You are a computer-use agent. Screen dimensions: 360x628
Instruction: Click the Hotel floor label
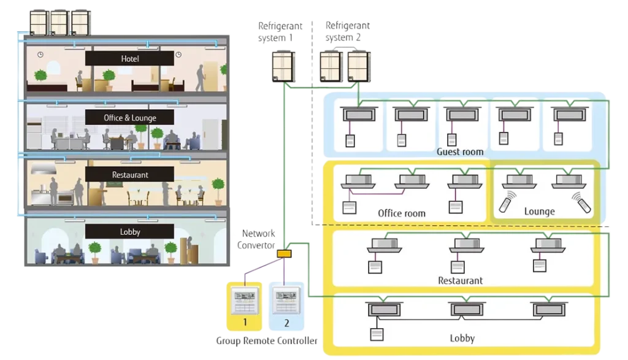(x=129, y=59)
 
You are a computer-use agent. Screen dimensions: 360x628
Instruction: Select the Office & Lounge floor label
(x=129, y=118)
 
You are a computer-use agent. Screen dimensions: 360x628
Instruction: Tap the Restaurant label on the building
(x=129, y=175)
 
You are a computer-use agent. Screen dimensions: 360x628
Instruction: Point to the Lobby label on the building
(x=129, y=232)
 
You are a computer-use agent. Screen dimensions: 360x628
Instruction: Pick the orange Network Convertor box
(x=285, y=253)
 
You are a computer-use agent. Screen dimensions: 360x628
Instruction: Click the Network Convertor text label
(x=259, y=239)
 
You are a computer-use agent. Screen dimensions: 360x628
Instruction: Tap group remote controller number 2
(x=286, y=304)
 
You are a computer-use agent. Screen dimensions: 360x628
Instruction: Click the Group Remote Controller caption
(x=267, y=341)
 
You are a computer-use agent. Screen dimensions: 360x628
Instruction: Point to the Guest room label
(x=460, y=151)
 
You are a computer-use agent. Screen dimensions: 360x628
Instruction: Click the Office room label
(x=402, y=213)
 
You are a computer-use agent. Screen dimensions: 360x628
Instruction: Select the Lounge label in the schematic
(x=539, y=212)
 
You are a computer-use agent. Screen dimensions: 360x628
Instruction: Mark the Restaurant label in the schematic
(x=460, y=280)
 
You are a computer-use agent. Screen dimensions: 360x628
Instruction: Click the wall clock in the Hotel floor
(x=40, y=54)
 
